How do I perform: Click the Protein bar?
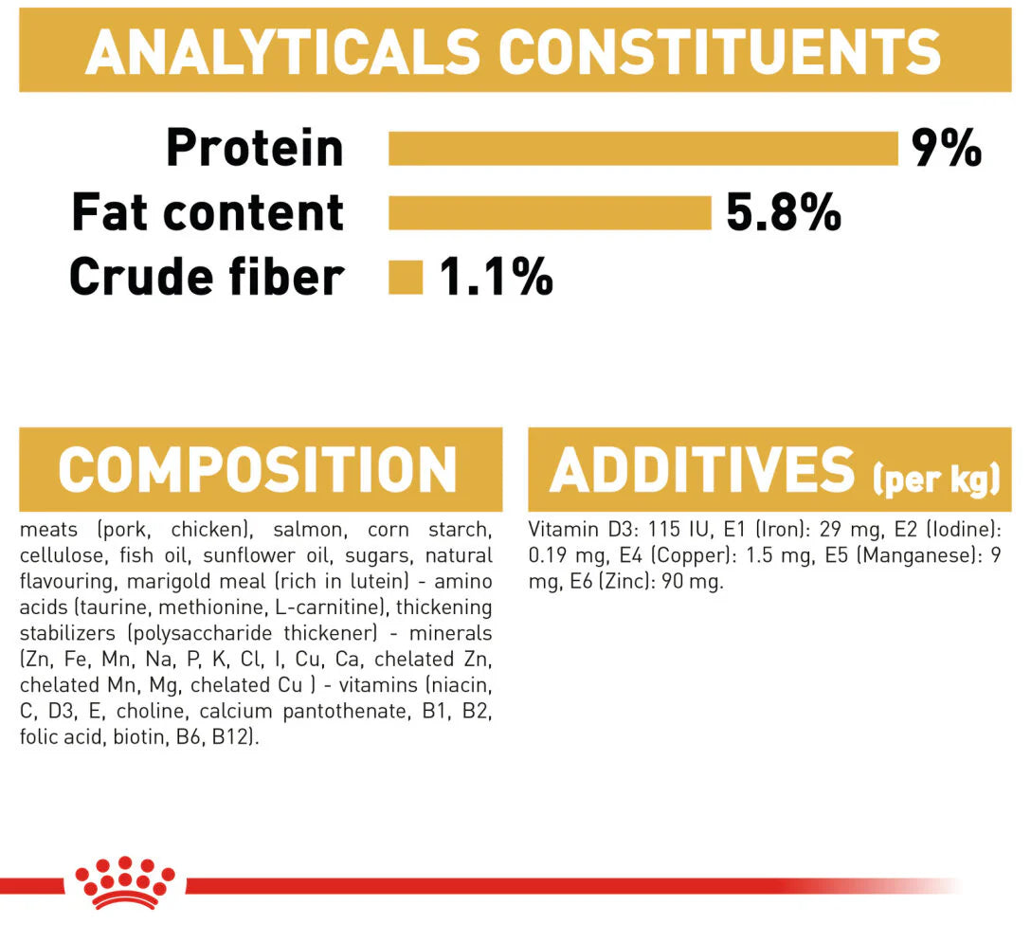[643, 148]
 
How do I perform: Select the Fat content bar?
[550, 212]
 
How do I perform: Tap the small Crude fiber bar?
[406, 278]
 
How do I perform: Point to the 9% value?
[946, 148]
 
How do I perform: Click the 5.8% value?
[783, 212]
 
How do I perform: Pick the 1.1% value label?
[496, 277]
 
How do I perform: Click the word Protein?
[255, 148]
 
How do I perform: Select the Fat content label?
[208, 212]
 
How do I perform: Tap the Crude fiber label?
[207, 277]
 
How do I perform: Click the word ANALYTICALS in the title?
[282, 52]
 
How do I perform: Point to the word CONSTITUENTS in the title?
[720, 52]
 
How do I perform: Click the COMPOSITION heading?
[258, 469]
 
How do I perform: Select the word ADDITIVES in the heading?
[702, 469]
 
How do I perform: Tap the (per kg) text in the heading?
[936, 478]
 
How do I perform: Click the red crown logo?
[125, 883]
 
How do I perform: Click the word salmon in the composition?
[308, 530]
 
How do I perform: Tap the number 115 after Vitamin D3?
[664, 530]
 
